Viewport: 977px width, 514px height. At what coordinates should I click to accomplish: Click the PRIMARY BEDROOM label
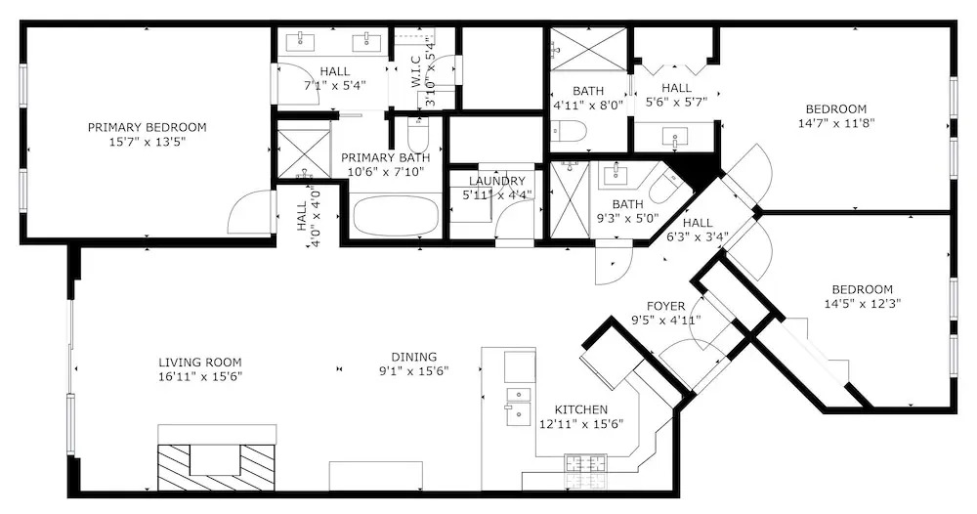coord(147,128)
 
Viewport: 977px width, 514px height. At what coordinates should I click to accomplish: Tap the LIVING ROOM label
coord(199,363)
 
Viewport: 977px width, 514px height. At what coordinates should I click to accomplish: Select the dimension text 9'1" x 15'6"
coord(414,371)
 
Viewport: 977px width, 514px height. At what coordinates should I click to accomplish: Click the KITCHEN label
coord(580,410)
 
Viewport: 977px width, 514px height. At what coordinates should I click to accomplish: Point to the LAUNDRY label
coord(496,182)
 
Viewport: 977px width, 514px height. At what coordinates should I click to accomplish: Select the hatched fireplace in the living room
coord(216,467)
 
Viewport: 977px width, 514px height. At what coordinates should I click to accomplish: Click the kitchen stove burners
coord(585,463)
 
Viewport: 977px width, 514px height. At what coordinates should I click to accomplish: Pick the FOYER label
coord(665,307)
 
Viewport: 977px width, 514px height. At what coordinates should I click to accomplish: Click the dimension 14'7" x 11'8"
coord(836,123)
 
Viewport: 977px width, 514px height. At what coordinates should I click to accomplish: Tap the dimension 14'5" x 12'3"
coord(863,304)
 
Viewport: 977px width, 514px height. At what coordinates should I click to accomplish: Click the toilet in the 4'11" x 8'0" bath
coord(571,131)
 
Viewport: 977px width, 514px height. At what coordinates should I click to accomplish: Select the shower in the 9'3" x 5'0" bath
coord(570,199)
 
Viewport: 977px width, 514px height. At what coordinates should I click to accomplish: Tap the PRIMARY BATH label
coord(386,157)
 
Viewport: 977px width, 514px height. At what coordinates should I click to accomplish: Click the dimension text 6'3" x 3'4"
coord(698,236)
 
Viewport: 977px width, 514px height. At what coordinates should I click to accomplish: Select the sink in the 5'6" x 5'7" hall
coord(675,138)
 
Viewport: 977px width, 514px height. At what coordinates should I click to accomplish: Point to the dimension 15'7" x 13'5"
coord(148,142)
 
